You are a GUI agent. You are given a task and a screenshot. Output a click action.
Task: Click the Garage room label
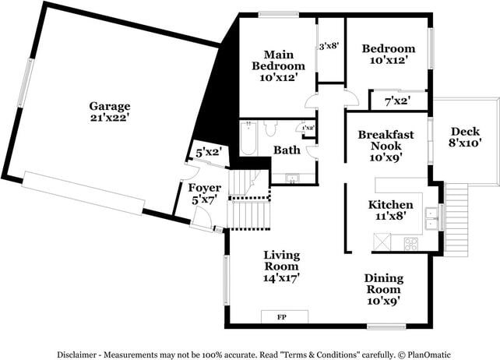click(x=109, y=106)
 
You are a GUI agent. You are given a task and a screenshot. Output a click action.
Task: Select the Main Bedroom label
click(x=278, y=60)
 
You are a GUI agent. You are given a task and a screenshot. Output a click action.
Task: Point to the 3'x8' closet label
click(x=329, y=47)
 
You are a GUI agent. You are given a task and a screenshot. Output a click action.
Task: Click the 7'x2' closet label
click(x=397, y=101)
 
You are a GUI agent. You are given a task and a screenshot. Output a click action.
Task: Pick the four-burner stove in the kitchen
click(x=410, y=243)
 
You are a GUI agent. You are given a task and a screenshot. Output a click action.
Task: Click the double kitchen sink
click(x=430, y=219)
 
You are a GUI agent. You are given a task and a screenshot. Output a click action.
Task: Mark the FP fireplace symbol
click(x=283, y=317)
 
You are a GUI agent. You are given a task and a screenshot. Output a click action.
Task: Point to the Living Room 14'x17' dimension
click(x=282, y=277)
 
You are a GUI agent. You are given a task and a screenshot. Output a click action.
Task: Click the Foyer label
click(x=206, y=188)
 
